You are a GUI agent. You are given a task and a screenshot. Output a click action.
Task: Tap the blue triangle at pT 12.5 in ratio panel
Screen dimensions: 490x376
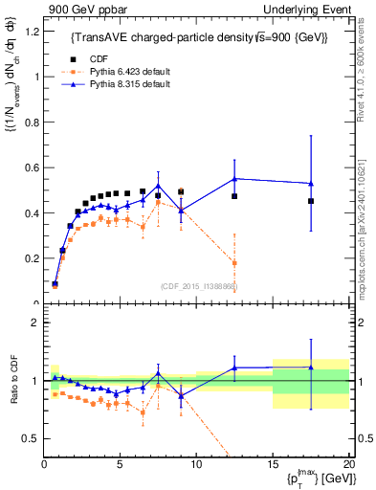234,367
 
